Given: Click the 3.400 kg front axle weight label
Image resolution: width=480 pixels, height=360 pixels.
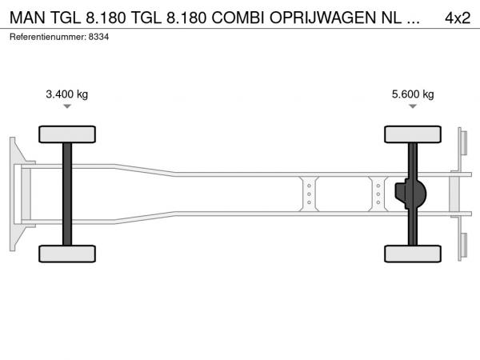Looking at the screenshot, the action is coord(66,94).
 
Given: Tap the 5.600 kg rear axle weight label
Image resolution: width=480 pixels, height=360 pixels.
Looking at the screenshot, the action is coord(413,94).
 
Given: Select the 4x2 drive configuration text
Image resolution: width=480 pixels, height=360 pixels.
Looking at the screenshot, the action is coord(458,18).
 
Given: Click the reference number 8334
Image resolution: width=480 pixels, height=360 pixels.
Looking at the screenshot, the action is coord(98,37).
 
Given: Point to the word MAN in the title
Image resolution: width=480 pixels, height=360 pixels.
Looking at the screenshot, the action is coord(27,18).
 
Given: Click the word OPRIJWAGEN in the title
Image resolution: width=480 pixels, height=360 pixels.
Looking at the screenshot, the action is coord(322,18).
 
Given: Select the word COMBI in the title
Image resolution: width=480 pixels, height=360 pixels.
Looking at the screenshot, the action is coord(238,18).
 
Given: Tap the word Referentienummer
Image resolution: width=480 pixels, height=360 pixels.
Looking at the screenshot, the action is coord(47,37).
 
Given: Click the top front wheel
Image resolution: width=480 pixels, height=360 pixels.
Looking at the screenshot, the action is coord(67,134).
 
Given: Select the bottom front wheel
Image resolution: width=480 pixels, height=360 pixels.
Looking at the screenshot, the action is coord(67,254).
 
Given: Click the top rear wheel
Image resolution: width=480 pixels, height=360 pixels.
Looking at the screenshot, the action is coord(413,134).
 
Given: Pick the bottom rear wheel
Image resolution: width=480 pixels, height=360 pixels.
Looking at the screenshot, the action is coord(413,254).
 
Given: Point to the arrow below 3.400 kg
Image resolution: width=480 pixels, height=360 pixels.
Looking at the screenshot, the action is coord(67,106).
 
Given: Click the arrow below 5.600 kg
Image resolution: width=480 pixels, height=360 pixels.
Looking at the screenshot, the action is coord(413,106).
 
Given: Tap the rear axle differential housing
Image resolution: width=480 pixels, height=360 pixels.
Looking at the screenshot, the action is coord(410,194).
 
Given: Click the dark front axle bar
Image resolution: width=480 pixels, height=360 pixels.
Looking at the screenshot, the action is coord(67,194).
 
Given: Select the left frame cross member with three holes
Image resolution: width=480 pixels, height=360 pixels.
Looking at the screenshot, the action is coord(309,194).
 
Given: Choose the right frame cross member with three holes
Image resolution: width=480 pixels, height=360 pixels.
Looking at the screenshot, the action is coord(378,194).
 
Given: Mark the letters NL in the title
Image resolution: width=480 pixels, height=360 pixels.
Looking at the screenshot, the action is coord(391,18).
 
